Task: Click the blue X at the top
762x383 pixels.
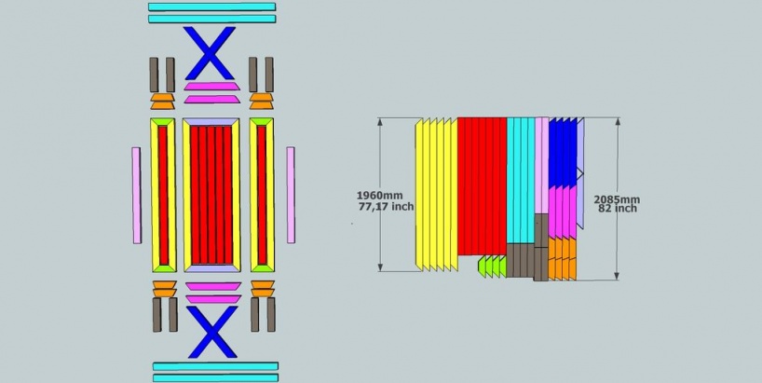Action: [210, 52]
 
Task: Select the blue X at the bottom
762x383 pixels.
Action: [211, 332]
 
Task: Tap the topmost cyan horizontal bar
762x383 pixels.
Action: [211, 7]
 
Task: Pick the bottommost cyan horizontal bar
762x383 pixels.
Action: [216, 377]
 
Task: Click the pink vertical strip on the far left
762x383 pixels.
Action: [137, 196]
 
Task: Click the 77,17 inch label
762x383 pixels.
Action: [387, 207]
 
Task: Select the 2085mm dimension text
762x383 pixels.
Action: [617, 199]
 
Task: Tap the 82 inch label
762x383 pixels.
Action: [618, 209]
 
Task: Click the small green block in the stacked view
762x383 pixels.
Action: [492, 267]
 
